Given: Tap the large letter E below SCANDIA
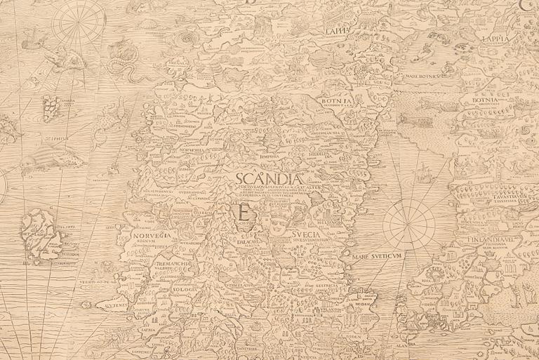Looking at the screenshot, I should point(243,211).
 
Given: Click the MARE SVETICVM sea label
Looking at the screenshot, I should point(380,257).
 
